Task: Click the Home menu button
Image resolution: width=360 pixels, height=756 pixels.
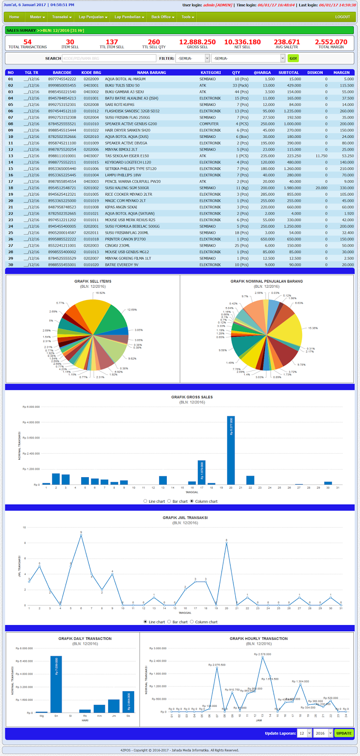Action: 14,17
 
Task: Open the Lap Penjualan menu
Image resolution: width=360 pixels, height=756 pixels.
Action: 93,17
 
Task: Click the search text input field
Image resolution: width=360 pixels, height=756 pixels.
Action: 109,58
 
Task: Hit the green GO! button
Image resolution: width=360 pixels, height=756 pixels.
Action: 293,58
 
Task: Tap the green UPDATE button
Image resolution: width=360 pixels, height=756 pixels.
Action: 343,733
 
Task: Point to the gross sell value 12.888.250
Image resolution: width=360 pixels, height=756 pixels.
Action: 197,42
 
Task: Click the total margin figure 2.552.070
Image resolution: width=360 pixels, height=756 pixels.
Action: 331,42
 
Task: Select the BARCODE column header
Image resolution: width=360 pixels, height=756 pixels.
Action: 62,73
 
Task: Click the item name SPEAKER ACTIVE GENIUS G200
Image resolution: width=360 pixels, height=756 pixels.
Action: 131,124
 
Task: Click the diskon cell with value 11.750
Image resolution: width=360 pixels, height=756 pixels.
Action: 321,156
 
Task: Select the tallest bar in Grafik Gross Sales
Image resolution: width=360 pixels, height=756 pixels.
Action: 231,450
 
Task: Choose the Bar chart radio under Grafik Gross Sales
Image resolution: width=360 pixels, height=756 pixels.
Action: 170,501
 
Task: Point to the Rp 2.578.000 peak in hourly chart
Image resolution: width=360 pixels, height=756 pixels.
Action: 263,657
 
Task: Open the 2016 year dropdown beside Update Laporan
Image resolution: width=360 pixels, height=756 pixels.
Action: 323,733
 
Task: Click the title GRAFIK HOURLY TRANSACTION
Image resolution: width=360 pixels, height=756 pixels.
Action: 258,638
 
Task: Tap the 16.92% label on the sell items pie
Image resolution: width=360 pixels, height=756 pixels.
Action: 100,293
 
